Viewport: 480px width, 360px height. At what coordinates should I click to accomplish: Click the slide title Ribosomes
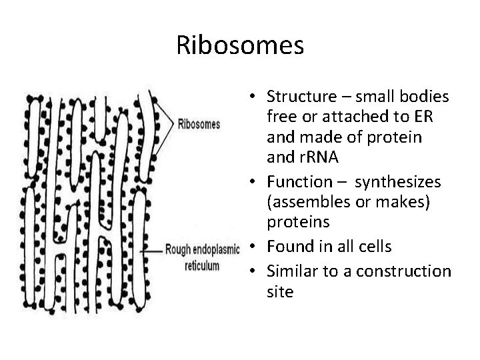(x=240, y=45)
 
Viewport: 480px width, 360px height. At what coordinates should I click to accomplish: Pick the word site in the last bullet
(x=279, y=292)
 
